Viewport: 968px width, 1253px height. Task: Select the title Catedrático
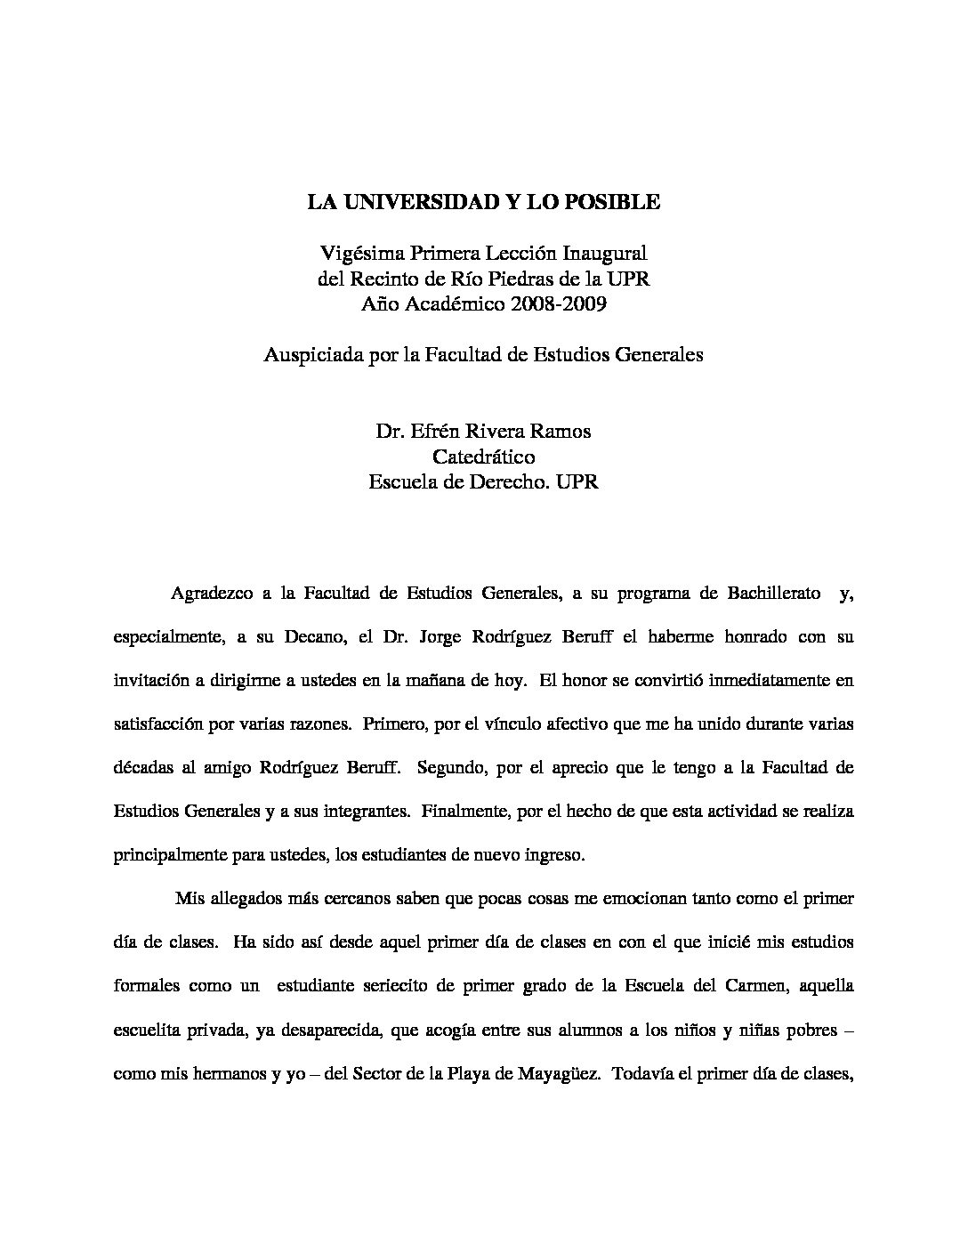point(483,457)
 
